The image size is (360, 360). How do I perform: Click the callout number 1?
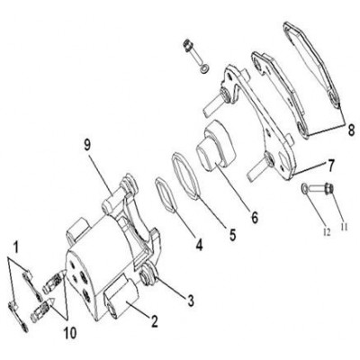(15, 247)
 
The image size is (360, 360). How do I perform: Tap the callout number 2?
(154, 321)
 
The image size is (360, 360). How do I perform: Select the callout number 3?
(191, 300)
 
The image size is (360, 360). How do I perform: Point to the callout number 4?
(199, 244)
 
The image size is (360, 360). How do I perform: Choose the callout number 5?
(233, 235)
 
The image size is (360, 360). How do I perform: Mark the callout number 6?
(255, 218)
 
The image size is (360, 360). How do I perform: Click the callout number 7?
(330, 166)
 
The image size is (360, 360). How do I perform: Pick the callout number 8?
(351, 130)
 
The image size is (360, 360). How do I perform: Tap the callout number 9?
(87, 146)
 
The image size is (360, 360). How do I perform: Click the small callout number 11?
(344, 228)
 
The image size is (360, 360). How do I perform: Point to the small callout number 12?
(327, 232)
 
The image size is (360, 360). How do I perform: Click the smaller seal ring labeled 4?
(166, 195)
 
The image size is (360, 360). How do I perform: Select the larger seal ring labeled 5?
(186, 176)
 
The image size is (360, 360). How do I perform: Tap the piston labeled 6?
(215, 146)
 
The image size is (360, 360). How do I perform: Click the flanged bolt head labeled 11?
(329, 189)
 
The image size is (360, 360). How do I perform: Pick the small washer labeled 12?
(305, 188)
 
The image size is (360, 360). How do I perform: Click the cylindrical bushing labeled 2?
(121, 298)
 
